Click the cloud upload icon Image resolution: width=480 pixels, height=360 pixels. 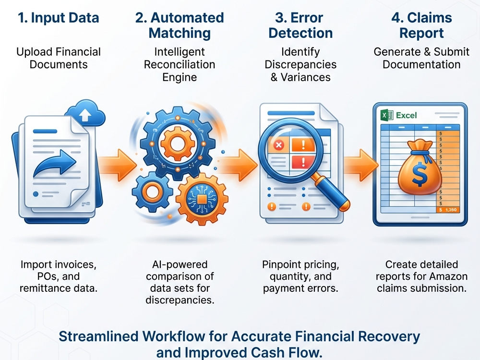(85, 113)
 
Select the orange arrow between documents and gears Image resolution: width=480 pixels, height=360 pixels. (118, 165)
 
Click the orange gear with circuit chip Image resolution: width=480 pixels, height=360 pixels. (202, 199)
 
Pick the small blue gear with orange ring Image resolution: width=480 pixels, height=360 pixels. (152, 192)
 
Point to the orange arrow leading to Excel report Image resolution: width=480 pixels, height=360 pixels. (361, 165)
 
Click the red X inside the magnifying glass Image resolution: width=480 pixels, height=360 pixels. (278, 145)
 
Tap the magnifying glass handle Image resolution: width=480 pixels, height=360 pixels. (331, 192)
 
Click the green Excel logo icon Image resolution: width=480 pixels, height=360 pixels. (387, 115)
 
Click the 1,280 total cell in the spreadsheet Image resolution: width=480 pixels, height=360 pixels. (448, 210)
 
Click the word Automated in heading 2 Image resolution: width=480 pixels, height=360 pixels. (187, 18)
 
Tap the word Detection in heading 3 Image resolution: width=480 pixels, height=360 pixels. (300, 33)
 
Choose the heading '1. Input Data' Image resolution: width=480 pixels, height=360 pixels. (59, 18)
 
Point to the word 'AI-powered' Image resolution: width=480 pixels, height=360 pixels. (180, 264)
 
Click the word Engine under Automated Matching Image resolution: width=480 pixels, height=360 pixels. (180, 77)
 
